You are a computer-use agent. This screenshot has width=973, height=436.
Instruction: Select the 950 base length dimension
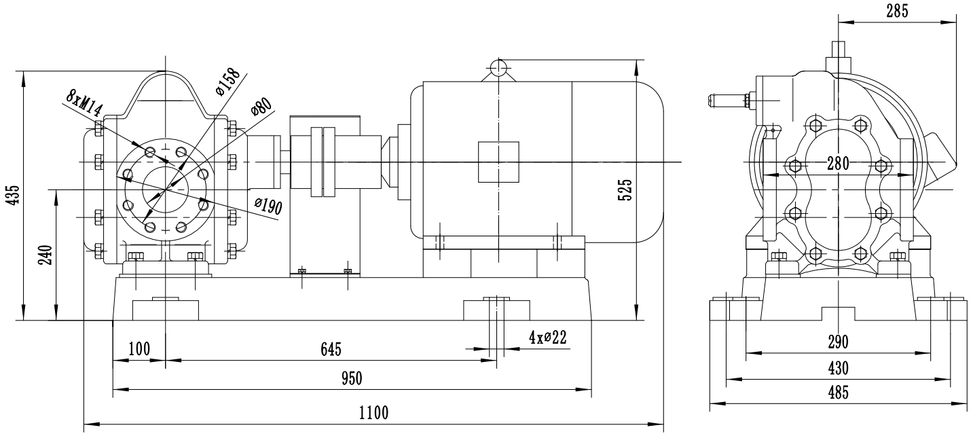[x=352, y=378]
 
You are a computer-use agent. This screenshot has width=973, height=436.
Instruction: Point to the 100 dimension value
[x=139, y=348]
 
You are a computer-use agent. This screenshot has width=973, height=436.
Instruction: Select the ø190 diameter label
[x=268, y=206]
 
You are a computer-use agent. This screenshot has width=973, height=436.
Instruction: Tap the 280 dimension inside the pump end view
[x=840, y=164]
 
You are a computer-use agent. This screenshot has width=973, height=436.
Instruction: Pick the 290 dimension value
[x=839, y=342]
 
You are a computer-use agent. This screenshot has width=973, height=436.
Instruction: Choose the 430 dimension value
[x=839, y=368]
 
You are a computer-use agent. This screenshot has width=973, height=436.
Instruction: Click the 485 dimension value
[x=839, y=393]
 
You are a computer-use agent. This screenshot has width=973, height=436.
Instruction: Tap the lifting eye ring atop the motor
[x=498, y=67]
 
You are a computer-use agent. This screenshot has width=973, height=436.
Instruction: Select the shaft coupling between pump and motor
[x=323, y=162]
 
